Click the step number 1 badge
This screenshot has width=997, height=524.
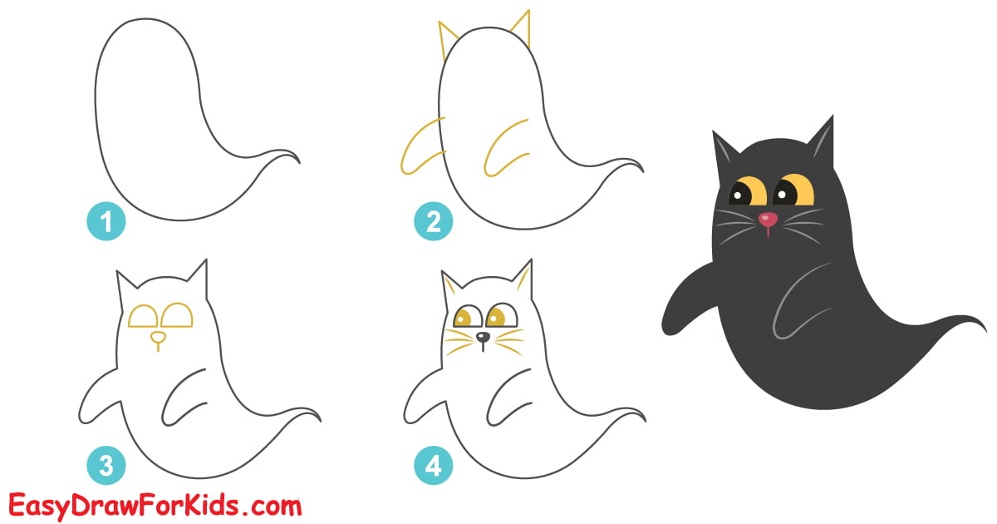[x=106, y=222]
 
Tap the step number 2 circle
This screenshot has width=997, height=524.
[x=433, y=222]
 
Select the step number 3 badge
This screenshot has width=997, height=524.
[x=106, y=466]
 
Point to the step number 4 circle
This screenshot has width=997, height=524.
[x=433, y=466]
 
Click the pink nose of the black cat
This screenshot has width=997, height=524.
[x=769, y=220]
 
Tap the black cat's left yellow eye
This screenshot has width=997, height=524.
[x=747, y=190]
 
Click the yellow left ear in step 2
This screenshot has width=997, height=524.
[x=448, y=38]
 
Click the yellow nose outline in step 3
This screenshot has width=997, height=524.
[x=157, y=337]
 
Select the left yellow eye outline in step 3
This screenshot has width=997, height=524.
[x=143, y=315]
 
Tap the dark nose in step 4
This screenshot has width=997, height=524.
[x=483, y=338]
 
